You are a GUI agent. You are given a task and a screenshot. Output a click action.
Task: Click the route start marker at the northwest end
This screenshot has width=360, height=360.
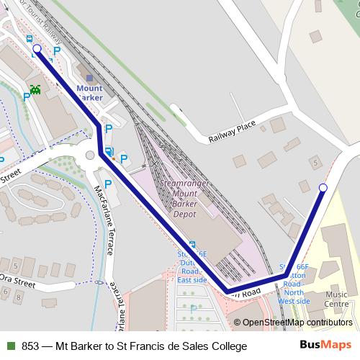[x=37, y=50]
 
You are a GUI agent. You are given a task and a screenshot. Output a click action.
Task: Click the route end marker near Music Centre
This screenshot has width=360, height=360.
[x=323, y=188]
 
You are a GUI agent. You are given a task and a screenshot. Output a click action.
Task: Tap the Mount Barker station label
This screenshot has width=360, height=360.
[x=89, y=92]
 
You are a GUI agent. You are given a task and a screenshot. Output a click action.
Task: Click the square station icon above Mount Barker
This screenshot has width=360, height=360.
[x=89, y=77]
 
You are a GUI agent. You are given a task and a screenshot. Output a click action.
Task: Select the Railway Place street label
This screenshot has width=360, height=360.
[x=232, y=133]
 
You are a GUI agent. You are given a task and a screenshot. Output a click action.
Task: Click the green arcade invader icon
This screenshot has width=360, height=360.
[x=35, y=91]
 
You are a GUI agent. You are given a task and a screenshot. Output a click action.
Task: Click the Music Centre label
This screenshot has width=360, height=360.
[x=336, y=299]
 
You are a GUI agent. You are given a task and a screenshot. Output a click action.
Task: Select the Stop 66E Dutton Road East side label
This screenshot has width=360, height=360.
[x=192, y=267]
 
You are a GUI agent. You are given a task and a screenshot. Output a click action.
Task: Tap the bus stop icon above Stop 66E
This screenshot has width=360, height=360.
[x=192, y=244]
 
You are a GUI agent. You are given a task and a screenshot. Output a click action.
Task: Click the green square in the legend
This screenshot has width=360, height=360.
[x=10, y=346]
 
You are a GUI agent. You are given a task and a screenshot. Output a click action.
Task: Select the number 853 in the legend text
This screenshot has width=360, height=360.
[x=30, y=346]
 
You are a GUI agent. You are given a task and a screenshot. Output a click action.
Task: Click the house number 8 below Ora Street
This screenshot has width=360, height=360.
[x=6, y=296]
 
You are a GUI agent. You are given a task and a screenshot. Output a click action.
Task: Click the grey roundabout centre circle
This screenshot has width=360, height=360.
[x=89, y=155]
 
